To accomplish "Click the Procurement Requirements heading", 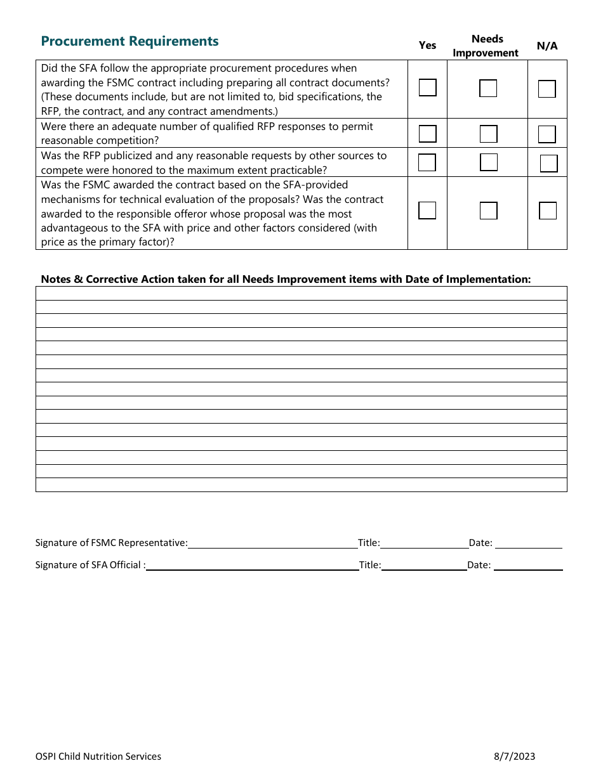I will [129, 42].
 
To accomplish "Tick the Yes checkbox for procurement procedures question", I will [428, 88].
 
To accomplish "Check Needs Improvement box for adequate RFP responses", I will [488, 134].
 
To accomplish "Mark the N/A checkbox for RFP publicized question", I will [549, 164].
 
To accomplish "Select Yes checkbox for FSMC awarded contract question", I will [428, 211].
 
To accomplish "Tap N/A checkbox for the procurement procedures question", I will [547, 89].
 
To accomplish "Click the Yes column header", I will [428, 46].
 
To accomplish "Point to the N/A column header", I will [547, 46].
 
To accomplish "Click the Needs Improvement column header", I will [486, 46].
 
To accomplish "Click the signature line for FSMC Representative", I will [273, 543].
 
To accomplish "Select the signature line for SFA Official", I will [253, 565].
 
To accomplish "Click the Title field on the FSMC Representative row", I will [424, 543].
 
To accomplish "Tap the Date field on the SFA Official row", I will [528, 565].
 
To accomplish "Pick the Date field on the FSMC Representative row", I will [528, 543].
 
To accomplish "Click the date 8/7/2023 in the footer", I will [514, 756].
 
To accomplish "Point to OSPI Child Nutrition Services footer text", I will [98, 756].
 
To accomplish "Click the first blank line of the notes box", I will [301, 293].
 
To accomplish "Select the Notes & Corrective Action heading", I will [286, 279].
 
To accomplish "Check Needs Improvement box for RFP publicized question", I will [489, 163].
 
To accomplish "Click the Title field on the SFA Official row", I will [424, 565].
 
